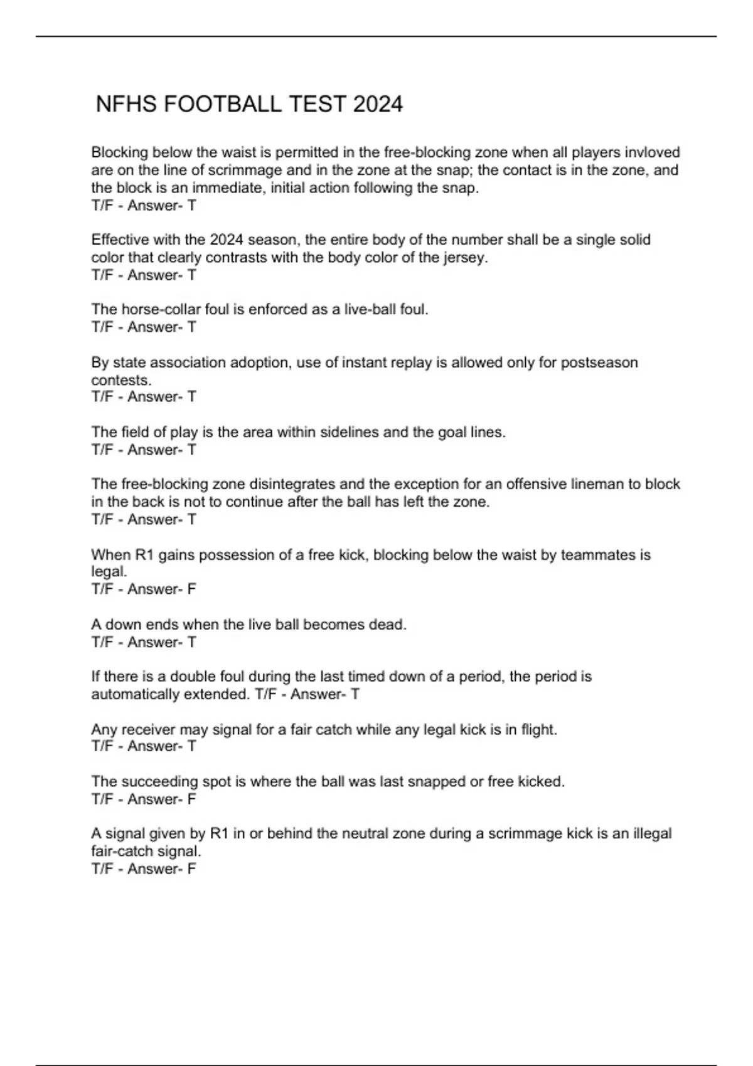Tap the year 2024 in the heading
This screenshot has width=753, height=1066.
378,104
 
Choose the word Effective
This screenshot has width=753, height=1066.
119,240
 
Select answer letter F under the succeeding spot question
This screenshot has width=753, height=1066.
192,799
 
